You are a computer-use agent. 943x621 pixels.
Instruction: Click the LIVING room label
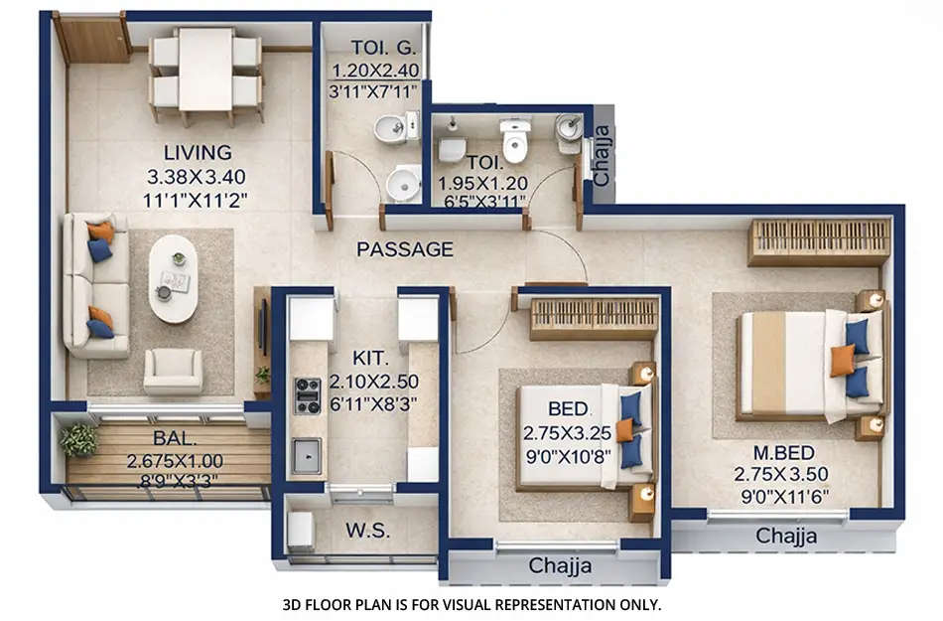pos(198,153)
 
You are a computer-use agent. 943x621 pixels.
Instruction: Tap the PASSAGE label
pos(405,249)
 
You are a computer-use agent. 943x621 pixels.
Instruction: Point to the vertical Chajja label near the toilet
pos(603,156)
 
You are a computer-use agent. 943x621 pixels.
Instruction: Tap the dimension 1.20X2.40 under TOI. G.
pos(375,71)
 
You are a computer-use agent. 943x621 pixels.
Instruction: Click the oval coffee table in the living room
pos(174,277)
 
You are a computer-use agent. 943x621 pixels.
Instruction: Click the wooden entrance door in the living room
pos(91,38)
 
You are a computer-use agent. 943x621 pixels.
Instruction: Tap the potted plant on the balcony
pos(79,439)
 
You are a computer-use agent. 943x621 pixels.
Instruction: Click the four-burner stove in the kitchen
pos(308,393)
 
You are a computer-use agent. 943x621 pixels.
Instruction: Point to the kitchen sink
pos(306,456)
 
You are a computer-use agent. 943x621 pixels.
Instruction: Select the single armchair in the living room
pos(173,371)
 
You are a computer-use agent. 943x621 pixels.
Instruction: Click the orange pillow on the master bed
pos(843,359)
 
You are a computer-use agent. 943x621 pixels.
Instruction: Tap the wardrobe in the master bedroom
pos(819,240)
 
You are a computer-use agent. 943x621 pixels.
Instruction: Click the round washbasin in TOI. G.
pos(403,183)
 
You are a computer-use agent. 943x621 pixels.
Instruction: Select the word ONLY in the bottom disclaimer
pos(636,603)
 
